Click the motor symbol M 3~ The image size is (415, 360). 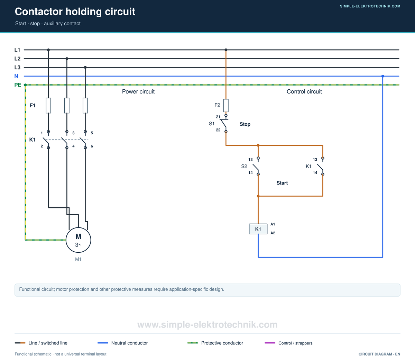(x=78, y=240)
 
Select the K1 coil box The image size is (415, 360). (x=258, y=229)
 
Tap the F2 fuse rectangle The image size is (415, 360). (x=226, y=105)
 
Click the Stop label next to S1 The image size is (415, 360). (x=245, y=124)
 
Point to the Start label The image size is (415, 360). (x=282, y=183)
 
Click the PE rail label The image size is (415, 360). (x=18, y=85)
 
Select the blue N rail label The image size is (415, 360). (x=16, y=76)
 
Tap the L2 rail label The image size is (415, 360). (x=17, y=58)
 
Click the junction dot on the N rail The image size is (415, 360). (x=383, y=76)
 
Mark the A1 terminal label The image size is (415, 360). (x=273, y=224)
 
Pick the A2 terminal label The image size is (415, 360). (x=273, y=233)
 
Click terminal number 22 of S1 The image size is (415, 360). (x=218, y=130)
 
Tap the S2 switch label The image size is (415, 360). (x=244, y=166)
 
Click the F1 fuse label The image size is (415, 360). (x=32, y=105)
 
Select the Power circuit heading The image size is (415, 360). (x=138, y=91)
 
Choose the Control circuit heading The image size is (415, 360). (x=304, y=91)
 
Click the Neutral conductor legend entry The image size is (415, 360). (x=122, y=343)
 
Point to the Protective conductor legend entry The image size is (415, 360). (x=215, y=343)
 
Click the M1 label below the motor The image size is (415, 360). (x=78, y=259)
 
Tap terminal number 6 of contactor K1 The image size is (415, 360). (x=92, y=146)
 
